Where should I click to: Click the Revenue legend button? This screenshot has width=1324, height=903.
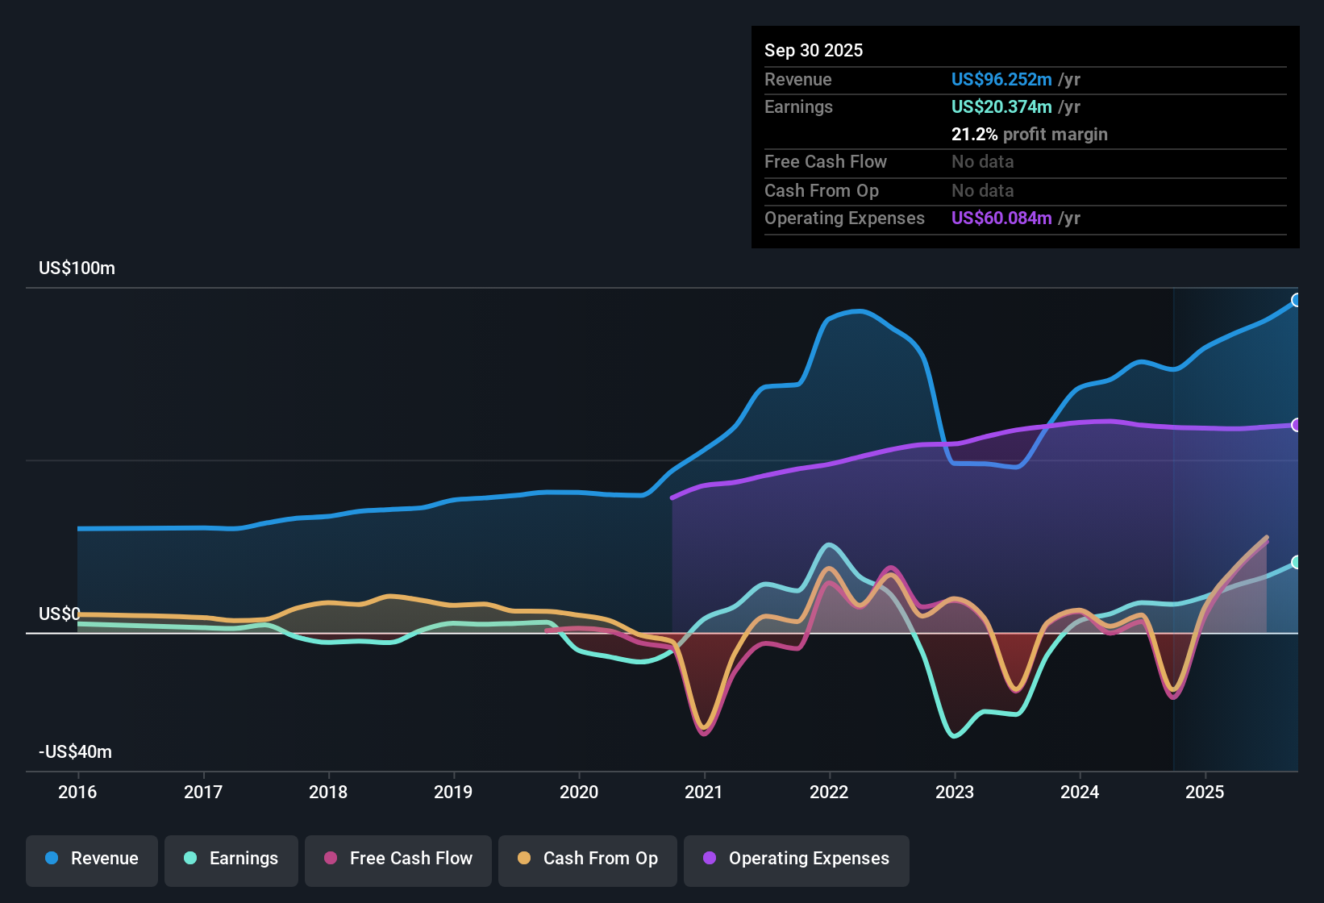(x=92, y=859)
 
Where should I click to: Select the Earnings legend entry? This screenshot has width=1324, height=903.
(x=231, y=859)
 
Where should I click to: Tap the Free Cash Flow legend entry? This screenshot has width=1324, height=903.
(x=398, y=859)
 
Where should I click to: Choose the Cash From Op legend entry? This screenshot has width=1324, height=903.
(x=588, y=859)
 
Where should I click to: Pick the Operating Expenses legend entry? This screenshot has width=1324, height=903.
(x=797, y=859)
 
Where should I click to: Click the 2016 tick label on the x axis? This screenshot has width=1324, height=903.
(x=77, y=792)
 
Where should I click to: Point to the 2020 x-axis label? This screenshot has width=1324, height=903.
(x=579, y=792)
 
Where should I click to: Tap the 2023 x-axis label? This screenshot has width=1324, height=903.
(x=955, y=792)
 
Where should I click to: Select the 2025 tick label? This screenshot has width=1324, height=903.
(x=1205, y=792)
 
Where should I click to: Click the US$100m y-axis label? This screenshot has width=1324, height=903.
(x=77, y=268)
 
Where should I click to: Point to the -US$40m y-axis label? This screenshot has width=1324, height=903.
(x=76, y=752)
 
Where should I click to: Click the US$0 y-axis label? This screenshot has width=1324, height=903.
(x=60, y=614)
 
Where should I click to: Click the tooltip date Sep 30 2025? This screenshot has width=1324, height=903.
(x=814, y=50)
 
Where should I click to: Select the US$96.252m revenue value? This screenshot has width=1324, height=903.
(x=1001, y=79)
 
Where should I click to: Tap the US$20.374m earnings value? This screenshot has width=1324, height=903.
(x=1001, y=106)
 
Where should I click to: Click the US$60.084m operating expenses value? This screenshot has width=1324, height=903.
(x=1001, y=218)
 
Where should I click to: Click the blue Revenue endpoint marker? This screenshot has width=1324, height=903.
(x=1297, y=300)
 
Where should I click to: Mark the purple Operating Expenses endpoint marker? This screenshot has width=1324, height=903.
(x=1297, y=425)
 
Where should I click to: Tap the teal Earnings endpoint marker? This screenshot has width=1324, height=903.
(x=1297, y=562)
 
